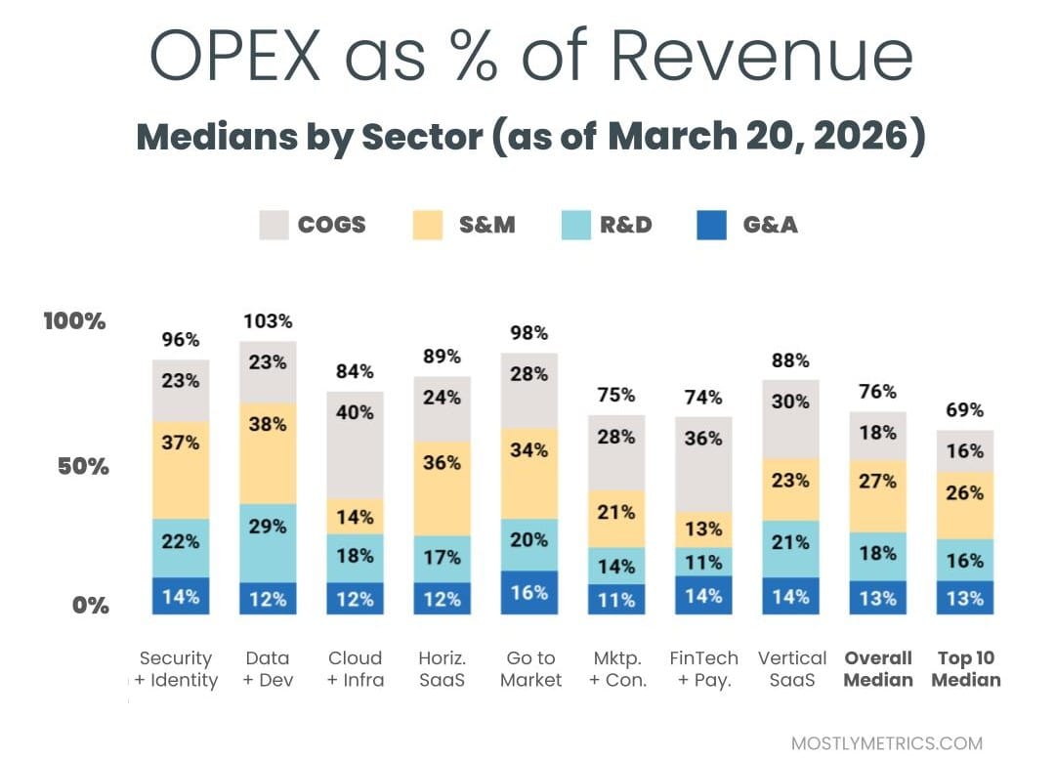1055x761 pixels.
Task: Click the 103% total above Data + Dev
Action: pyautogui.click(x=268, y=321)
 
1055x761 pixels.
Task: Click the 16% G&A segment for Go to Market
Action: pyautogui.click(x=528, y=592)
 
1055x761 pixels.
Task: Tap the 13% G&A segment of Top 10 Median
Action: pyautogui.click(x=965, y=598)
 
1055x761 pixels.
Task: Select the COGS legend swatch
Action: pyautogui.click(x=275, y=225)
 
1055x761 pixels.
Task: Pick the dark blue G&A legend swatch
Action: pyautogui.click(x=711, y=225)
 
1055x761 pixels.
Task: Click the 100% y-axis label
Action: pyautogui.click(x=75, y=320)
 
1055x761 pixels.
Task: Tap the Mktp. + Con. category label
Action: pyautogui.click(x=616, y=669)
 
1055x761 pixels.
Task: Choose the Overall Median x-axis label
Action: pyautogui.click(x=877, y=669)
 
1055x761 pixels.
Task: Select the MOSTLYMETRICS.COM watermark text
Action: pyautogui.click(x=886, y=742)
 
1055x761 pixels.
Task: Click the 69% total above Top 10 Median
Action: pyautogui.click(x=965, y=410)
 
